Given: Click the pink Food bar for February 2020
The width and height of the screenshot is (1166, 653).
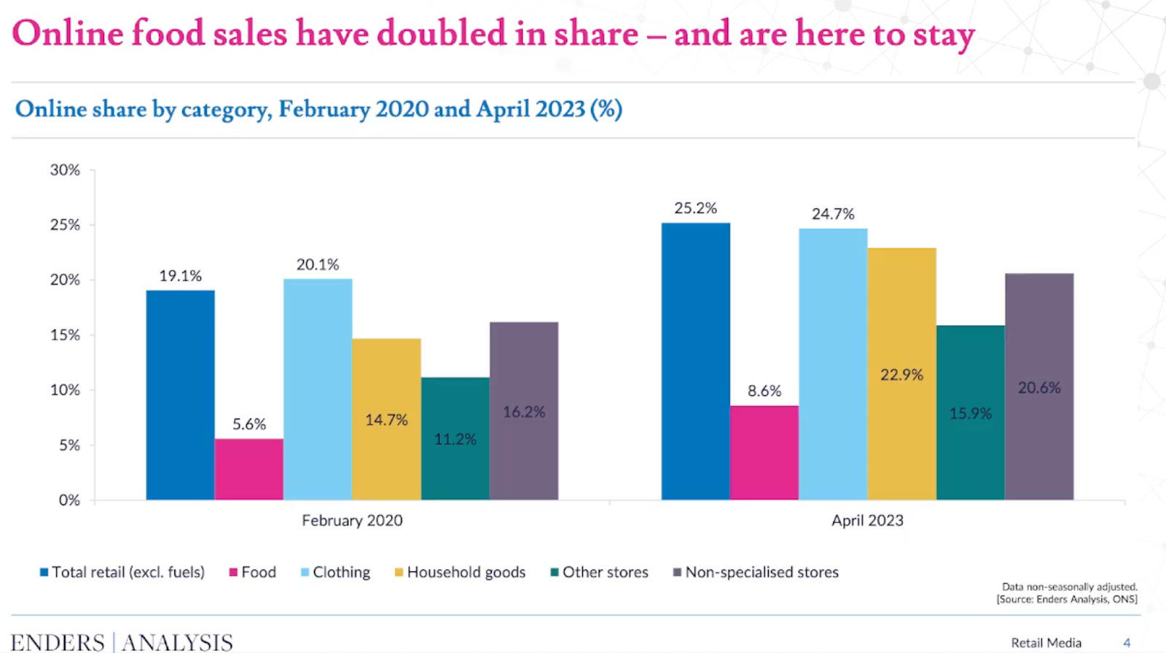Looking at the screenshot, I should [x=249, y=469].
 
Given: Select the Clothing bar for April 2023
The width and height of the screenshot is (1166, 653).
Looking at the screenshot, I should [x=833, y=364].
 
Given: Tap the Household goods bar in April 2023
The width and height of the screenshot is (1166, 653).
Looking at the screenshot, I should [x=901, y=437].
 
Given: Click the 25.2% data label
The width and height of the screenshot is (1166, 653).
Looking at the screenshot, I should [x=695, y=208].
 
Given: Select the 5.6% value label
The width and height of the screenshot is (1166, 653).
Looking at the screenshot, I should [x=249, y=424].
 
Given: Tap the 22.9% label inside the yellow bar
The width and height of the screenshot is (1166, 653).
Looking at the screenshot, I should [x=901, y=375].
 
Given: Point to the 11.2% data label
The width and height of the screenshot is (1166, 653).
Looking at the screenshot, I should [x=455, y=439].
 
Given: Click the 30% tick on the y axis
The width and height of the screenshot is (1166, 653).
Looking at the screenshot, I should [x=65, y=170].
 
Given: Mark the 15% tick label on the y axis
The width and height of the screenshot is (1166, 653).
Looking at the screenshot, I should [x=65, y=335].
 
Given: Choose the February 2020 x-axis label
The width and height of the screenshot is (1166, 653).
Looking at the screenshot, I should [x=352, y=521].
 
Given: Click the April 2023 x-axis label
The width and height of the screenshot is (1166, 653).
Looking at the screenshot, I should [x=867, y=521].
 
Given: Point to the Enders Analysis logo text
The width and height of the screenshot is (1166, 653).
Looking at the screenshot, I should [x=122, y=642].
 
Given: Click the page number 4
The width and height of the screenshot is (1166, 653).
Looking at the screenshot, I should [x=1127, y=643].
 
